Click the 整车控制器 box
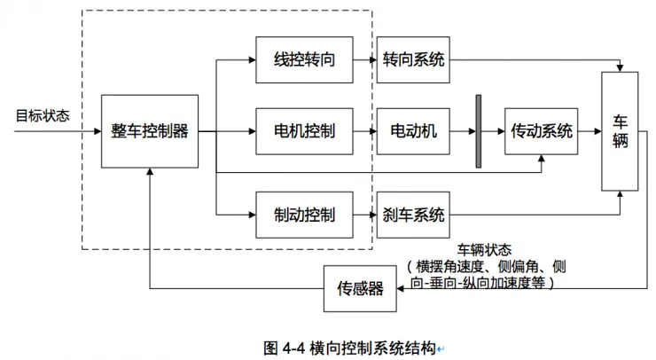coord(149,131)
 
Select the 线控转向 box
coord(304,59)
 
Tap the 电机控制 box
coord(304,131)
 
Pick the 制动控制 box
coord(304,215)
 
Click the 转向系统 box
coord(413,59)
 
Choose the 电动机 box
coord(413,131)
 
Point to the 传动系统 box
coord(541,131)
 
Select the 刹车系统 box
coord(413,215)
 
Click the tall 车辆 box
coord(620,131)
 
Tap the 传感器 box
coord(359,288)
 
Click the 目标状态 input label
coord(43,115)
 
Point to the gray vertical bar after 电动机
coord(479,131)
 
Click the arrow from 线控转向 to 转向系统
coord(364,59)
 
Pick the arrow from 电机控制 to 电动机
coord(364,131)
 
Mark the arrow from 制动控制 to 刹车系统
coord(364,215)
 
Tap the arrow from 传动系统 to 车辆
coord(589,131)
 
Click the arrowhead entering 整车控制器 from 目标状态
coord(97,131)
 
